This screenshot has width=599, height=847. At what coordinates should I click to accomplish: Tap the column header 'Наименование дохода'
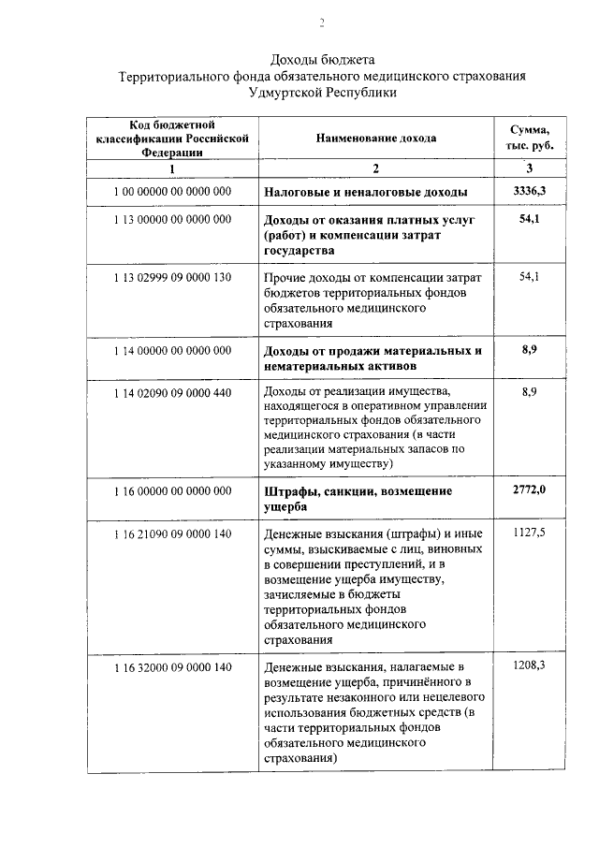[x=375, y=139]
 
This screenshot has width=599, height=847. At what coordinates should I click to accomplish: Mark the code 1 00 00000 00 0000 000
[x=172, y=192]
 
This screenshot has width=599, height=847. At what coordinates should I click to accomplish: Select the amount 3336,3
[x=529, y=192]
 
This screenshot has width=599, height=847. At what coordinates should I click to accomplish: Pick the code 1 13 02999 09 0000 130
[x=172, y=278]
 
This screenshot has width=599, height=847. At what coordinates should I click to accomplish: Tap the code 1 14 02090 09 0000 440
[x=172, y=392]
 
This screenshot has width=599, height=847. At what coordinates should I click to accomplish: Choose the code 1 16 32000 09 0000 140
[x=172, y=667]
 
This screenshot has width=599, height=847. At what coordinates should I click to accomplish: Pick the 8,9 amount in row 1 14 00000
[x=529, y=351]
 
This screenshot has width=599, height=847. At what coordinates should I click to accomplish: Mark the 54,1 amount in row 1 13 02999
[x=529, y=278]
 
